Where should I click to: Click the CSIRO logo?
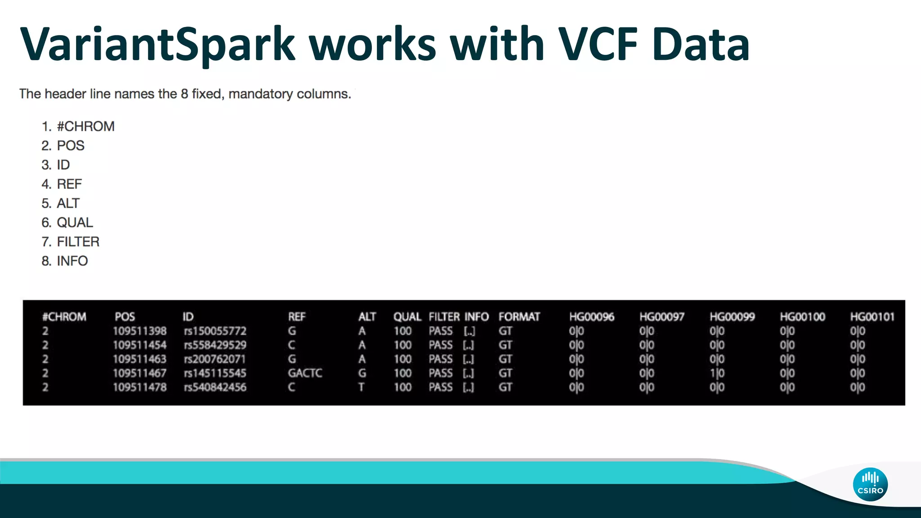pyautogui.click(x=870, y=484)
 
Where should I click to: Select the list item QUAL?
pyautogui.click(x=75, y=223)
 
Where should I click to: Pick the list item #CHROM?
pyautogui.click(x=85, y=126)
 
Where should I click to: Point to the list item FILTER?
pyautogui.click(x=78, y=242)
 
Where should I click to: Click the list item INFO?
pyautogui.click(x=72, y=261)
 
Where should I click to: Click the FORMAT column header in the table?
pyautogui.click(x=519, y=317)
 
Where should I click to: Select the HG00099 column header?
pyautogui.click(x=732, y=317)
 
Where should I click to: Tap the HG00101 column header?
pyautogui.click(x=872, y=317)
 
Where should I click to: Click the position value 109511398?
pyautogui.click(x=139, y=331)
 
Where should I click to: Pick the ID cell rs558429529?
pyautogui.click(x=215, y=345)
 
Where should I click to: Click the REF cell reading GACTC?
pyautogui.click(x=305, y=373)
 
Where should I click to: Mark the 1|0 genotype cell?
pyautogui.click(x=717, y=373)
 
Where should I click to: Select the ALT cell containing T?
pyautogui.click(x=361, y=387)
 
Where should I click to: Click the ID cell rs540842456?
pyautogui.click(x=215, y=387)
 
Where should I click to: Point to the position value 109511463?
pyautogui.click(x=139, y=359)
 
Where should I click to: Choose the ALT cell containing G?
pyautogui.click(x=362, y=373)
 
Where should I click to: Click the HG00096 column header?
pyautogui.click(x=591, y=317)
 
